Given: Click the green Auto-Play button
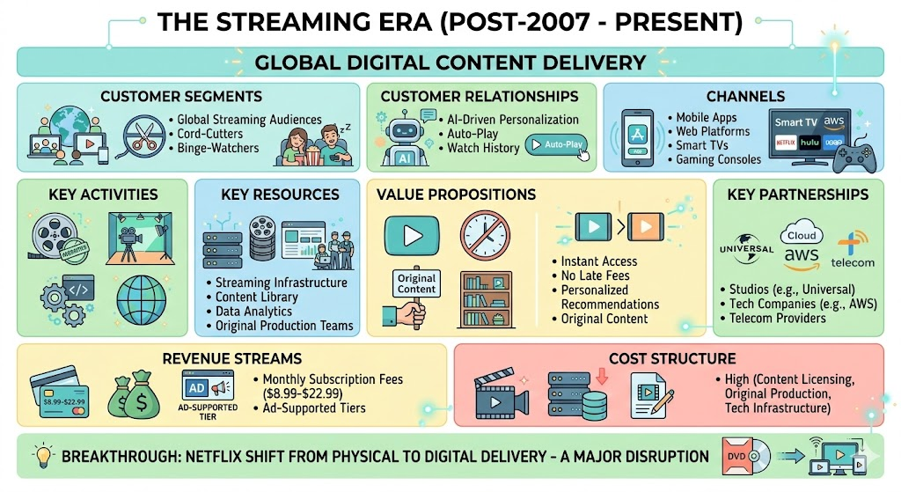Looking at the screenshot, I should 554,143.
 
